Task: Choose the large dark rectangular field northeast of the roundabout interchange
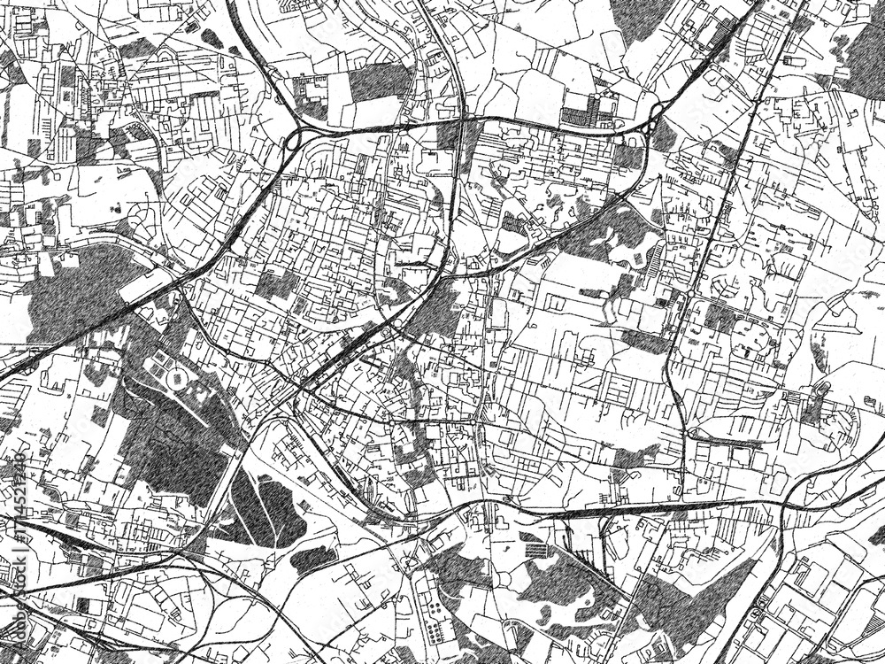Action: point(376,83)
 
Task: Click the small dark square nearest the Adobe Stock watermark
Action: point(83,606)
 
